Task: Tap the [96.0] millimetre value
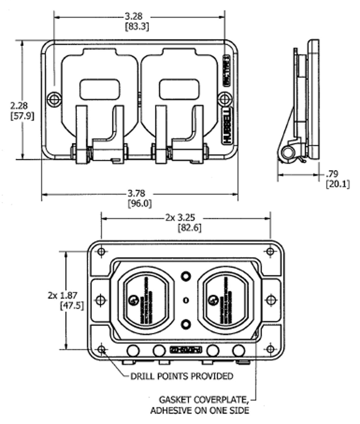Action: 139,204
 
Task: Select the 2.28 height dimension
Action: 19,105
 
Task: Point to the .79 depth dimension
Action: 332,174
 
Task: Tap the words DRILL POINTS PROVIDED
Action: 182,376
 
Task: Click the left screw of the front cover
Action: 54,99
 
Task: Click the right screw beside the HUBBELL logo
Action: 224,99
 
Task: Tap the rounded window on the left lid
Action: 100,89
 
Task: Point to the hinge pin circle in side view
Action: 287,153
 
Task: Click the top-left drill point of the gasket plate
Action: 101,252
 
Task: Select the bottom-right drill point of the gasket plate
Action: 270,349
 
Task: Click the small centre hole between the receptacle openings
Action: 186,300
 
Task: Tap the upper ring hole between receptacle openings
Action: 186,276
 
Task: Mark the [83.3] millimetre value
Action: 137,26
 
